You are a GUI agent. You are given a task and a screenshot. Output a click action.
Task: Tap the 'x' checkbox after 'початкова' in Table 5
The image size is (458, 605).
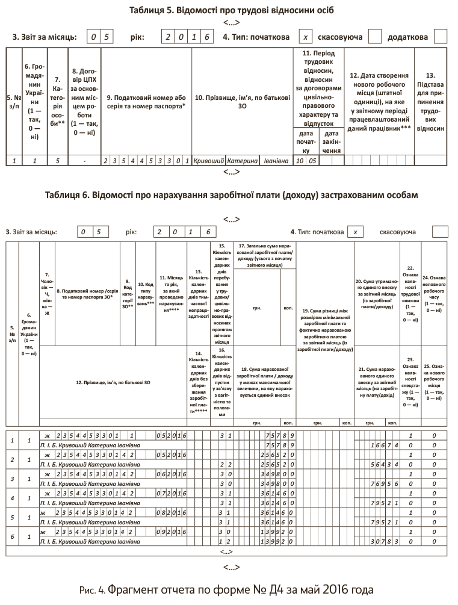[x=306, y=37]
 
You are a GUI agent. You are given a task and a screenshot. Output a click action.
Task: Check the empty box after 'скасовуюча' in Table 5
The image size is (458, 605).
[x=374, y=37]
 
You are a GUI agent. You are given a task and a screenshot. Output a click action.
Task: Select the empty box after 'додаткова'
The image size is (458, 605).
[x=441, y=37]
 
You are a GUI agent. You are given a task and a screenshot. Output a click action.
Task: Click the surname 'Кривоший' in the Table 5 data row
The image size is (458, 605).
[x=209, y=161]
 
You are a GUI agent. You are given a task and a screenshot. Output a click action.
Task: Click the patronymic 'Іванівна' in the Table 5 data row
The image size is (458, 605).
[x=274, y=161]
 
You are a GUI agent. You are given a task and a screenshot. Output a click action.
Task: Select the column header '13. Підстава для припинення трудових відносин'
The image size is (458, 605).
[x=430, y=102]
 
